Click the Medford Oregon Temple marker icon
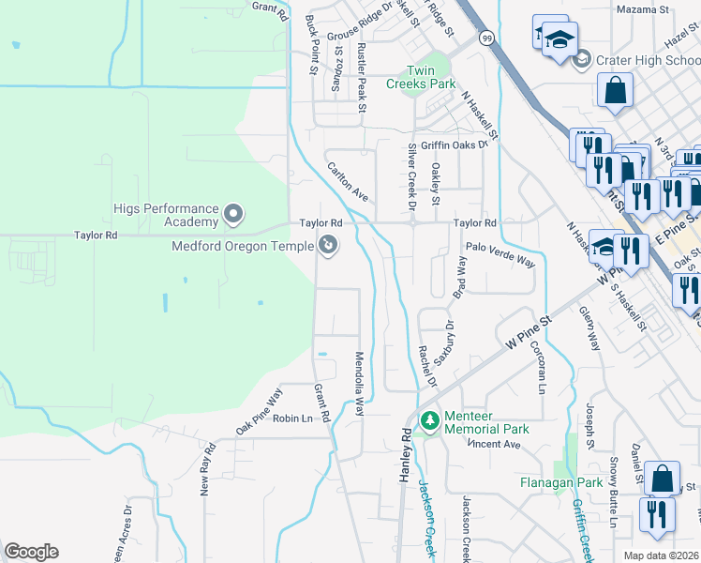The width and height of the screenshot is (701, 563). click(x=328, y=246)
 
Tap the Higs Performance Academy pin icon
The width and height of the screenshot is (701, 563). click(x=233, y=215)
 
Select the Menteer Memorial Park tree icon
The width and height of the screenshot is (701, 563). click(x=430, y=421)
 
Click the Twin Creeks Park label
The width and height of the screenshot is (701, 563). click(x=421, y=77)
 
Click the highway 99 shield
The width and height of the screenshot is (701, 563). click(x=486, y=38)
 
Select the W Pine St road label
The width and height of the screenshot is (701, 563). click(x=525, y=333)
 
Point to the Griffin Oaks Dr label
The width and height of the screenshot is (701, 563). click(x=455, y=145)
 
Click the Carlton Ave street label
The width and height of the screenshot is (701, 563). click(x=347, y=181)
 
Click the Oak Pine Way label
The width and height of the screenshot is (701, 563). click(x=259, y=411)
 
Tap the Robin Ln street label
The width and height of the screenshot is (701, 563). click(x=291, y=418)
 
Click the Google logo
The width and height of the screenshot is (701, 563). click(x=32, y=552)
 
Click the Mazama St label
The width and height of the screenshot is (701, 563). click(x=642, y=9)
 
